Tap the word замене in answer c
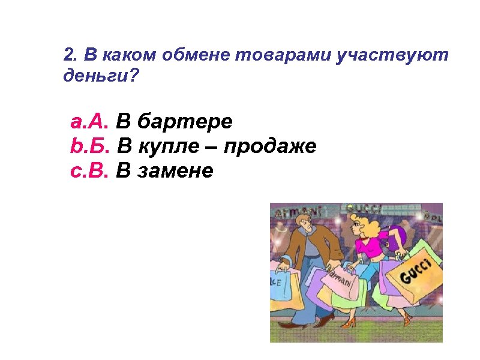click(x=175, y=171)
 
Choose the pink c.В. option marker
click(x=89, y=171)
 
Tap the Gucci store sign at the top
click(x=364, y=208)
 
